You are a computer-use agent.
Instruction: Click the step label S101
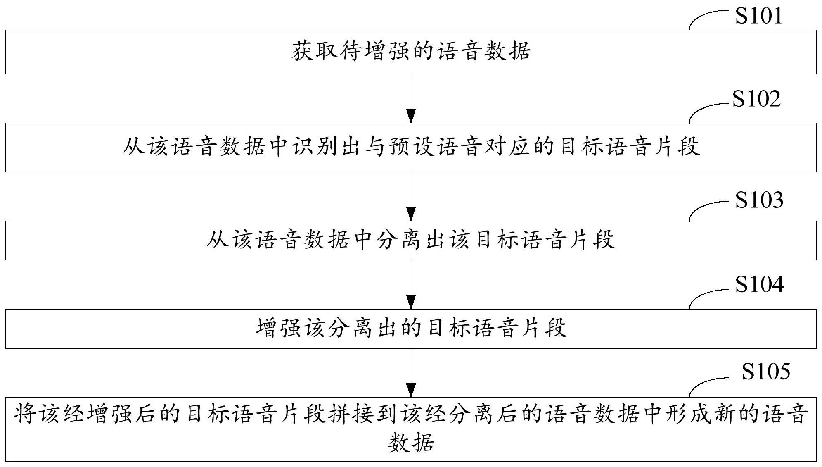759,16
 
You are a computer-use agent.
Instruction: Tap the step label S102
756,99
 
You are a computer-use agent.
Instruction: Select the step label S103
759,200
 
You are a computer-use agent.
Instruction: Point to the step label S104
759,285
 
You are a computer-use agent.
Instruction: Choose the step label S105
766,371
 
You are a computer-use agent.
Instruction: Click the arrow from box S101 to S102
411,98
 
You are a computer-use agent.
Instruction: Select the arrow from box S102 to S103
411,196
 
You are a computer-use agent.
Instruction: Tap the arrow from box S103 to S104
411,284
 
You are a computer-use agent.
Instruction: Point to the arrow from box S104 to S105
411,373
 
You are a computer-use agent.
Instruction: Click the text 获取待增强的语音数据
411,52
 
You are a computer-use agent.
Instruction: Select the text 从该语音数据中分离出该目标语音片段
411,240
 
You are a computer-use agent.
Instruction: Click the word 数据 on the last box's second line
411,443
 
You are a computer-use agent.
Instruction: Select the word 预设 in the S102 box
412,147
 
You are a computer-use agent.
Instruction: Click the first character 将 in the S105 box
25,415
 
